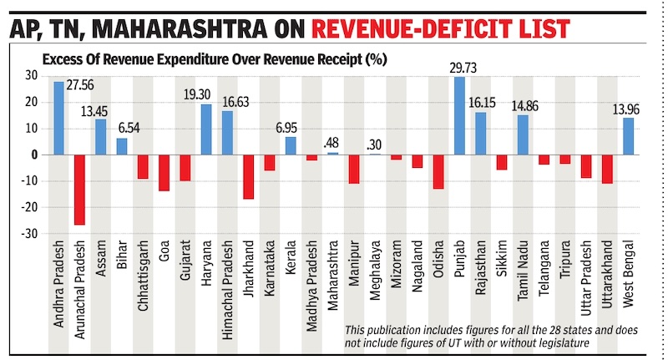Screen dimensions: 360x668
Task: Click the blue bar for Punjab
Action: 459,115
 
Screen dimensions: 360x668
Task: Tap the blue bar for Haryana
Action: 206,129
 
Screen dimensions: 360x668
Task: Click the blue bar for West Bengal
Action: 628,136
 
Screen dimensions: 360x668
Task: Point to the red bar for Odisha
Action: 438,171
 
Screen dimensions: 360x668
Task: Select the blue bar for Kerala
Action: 291,145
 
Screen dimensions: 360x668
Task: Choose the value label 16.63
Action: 240,103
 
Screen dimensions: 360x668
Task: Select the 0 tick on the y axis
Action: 35,155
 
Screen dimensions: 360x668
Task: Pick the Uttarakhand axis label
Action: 607,288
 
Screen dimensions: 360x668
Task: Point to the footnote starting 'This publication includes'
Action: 491,336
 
